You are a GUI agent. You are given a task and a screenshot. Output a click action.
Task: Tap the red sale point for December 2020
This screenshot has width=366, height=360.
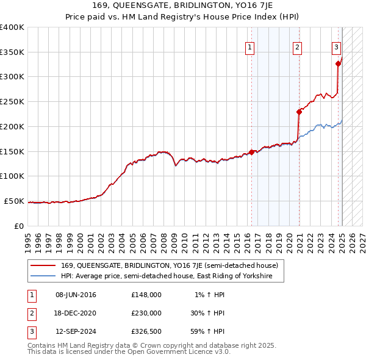pyautogui.click(x=300, y=112)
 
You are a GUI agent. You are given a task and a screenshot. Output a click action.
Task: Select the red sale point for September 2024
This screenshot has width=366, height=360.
pyautogui.click(x=338, y=63)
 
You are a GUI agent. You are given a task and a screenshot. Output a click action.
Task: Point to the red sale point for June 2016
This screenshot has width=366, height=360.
pyautogui.click(x=251, y=153)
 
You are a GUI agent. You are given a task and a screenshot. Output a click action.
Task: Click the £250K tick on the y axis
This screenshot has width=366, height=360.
pyautogui.click(x=13, y=101)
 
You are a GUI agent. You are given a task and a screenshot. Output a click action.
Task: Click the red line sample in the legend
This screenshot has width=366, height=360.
pyautogui.click(x=43, y=265)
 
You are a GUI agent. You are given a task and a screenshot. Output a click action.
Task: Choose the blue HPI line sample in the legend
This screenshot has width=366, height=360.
pyautogui.click(x=43, y=276)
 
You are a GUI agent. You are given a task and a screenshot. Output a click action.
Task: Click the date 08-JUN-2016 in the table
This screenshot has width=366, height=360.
pyautogui.click(x=76, y=295)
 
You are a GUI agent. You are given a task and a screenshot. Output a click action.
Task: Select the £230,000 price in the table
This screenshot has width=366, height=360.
pyautogui.click(x=146, y=312)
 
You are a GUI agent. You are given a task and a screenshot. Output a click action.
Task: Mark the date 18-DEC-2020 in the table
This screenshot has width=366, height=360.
pyautogui.click(x=76, y=312)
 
